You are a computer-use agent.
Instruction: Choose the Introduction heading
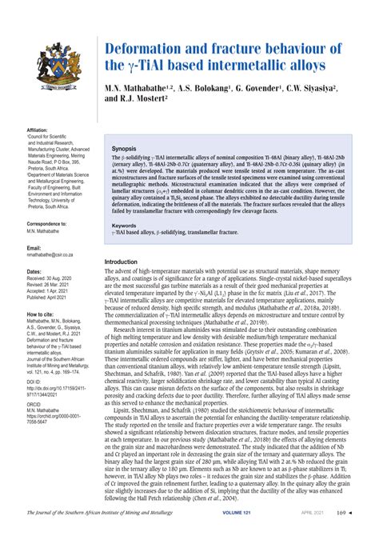(x=126, y=262)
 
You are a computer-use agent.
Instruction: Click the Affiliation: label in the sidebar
(x=38, y=129)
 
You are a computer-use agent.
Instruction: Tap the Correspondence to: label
(x=46, y=223)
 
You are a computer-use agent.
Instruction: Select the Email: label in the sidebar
(x=34, y=249)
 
